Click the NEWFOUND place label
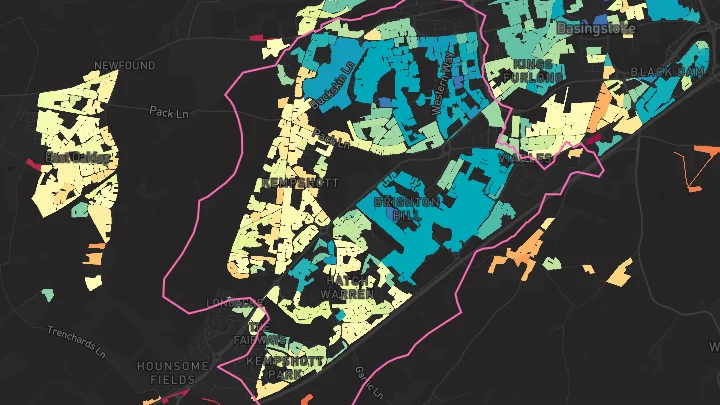[x=125, y=66]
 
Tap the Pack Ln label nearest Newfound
[x=168, y=112]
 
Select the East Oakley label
[x=77, y=158]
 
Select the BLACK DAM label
[x=666, y=72]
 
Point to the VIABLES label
[x=527, y=157]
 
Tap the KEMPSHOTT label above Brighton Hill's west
[x=299, y=184]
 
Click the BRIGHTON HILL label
[x=406, y=208]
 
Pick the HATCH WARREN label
[x=347, y=287]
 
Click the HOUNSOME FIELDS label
[x=173, y=373]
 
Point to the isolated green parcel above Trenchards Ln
[x=47, y=295]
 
